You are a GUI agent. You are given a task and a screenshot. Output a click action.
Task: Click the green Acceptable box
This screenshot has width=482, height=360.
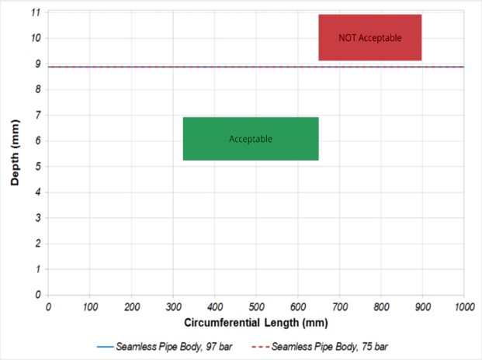pos(251,139)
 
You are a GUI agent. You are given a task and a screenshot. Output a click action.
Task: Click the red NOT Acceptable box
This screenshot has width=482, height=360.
pos(369,37)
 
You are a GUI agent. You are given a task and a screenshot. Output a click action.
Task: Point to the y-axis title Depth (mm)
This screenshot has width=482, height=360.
pos(15,154)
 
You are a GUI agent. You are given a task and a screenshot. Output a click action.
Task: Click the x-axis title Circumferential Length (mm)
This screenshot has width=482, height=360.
pos(255,321)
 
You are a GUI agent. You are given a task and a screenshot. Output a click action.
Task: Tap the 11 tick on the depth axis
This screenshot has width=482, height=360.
pos(36,13)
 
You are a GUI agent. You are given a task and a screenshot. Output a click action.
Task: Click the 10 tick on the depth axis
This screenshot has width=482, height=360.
pos(36,39)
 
